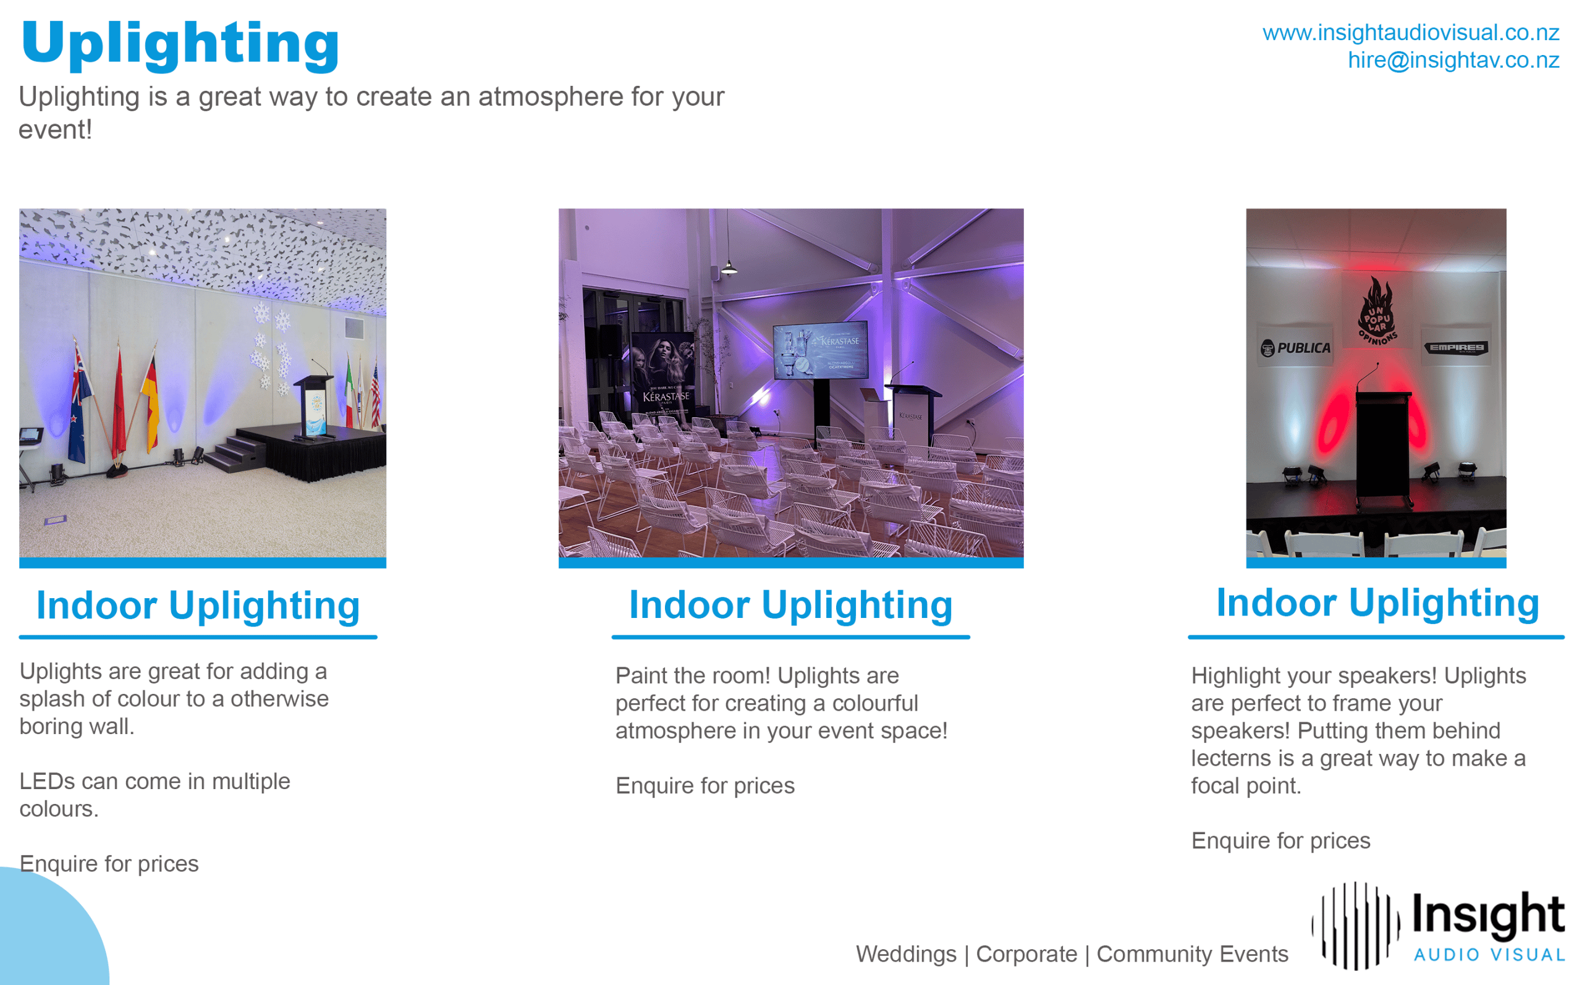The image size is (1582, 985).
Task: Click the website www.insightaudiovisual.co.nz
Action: tap(1410, 33)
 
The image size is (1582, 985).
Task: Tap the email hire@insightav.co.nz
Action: tap(1453, 60)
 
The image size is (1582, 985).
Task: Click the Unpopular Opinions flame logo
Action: tap(1376, 311)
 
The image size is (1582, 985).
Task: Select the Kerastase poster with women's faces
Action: tap(664, 375)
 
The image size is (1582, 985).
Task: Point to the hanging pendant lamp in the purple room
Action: tap(729, 267)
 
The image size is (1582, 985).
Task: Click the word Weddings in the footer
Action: tap(906, 954)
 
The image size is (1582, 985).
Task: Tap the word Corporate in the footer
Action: tap(1026, 954)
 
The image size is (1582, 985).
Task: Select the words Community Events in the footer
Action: tap(1192, 954)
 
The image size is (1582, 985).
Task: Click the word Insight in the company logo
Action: tap(1488, 916)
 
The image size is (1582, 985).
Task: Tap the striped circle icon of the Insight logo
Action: tap(1355, 926)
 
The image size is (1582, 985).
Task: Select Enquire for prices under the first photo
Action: tap(109, 864)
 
